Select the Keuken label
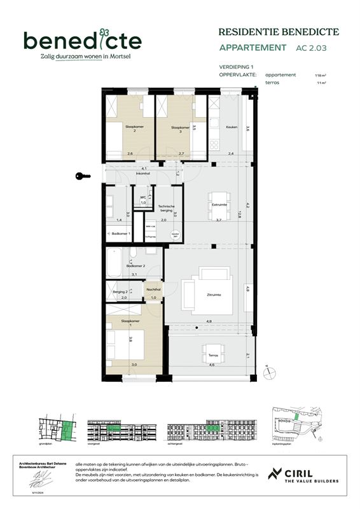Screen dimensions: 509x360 [232, 127]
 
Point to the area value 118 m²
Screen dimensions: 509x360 [319, 75]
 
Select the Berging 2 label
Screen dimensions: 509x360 [120, 291]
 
